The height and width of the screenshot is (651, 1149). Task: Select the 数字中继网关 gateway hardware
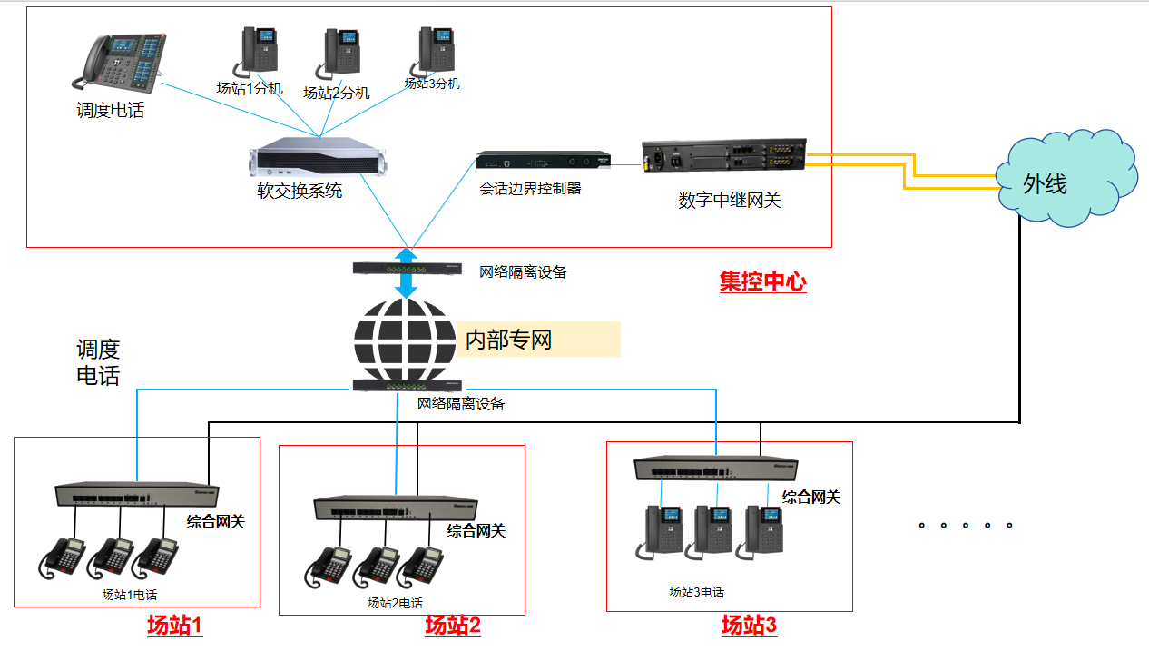pos(723,158)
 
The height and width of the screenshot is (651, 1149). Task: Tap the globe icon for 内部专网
pos(405,340)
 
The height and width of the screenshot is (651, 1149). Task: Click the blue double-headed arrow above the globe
pos(407,271)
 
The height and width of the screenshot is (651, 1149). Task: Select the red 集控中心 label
pos(762,282)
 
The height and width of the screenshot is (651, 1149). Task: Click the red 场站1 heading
pos(174,626)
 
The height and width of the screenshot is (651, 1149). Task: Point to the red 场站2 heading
pos(452,626)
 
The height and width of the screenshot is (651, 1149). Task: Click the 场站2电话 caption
pos(394,603)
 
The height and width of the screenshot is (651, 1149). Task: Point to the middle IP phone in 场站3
pos(713,529)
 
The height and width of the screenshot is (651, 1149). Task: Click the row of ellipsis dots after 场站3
pos(965,525)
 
